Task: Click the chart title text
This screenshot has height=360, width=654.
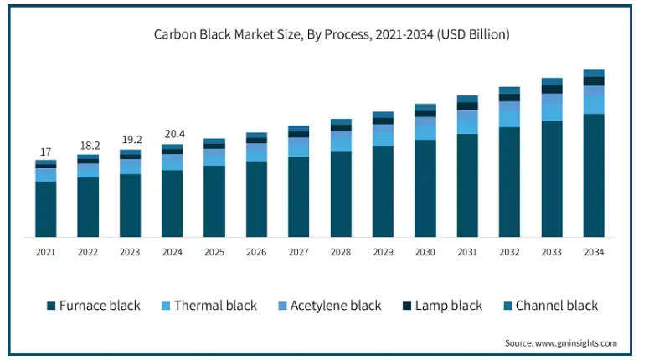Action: (332, 34)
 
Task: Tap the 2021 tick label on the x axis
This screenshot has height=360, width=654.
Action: (45, 251)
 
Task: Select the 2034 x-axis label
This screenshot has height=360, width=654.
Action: (594, 251)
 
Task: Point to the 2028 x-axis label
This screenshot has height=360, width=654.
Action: (341, 251)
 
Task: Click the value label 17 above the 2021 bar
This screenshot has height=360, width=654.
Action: (45, 152)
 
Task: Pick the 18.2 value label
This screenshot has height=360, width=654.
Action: (88, 145)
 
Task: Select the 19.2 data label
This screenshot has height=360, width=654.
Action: (130, 140)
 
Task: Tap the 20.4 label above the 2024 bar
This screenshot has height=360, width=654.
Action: (173, 134)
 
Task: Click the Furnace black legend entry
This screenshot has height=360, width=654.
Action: (93, 306)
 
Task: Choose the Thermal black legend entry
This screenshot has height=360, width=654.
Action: (208, 306)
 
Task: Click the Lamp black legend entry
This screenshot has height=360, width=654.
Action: (444, 306)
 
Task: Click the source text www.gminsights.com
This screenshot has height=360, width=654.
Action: (561, 343)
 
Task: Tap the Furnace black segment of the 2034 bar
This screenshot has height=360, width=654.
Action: (594, 176)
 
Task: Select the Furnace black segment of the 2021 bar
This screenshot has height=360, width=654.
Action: (45, 209)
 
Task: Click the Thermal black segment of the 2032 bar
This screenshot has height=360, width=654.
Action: (509, 115)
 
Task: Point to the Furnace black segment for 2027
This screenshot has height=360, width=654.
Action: (299, 197)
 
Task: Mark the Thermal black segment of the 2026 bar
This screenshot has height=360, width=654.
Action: (256, 152)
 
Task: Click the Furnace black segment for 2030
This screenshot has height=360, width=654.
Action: (425, 188)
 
